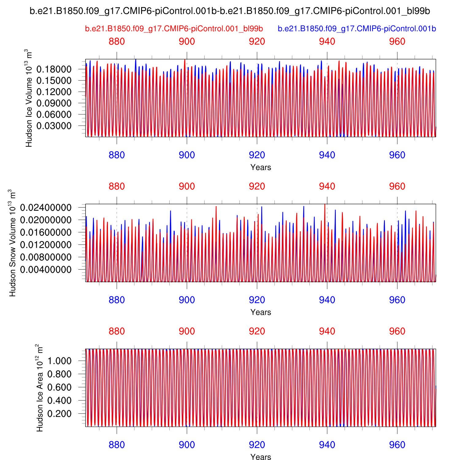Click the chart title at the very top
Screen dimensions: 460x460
coord(230,11)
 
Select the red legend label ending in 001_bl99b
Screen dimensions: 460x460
coord(174,29)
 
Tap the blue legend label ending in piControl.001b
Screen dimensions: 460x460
coord(357,29)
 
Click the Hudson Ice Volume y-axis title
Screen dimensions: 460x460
coord(28,98)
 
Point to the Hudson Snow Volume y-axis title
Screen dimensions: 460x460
coord(12,243)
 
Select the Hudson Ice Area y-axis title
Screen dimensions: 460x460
coord(39,388)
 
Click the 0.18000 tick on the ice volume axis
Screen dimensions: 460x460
coord(54,69)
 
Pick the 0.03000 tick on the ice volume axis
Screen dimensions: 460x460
coord(54,126)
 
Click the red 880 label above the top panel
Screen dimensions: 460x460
coord(117,41)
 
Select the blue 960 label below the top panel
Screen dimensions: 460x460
coord(397,155)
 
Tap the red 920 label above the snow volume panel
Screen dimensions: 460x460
coord(257,186)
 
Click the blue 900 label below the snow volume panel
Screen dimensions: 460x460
coord(187,300)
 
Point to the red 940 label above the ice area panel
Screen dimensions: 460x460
coord(327,331)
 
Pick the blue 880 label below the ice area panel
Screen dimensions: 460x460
coord(117,445)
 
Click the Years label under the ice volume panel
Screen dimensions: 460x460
coord(261,167)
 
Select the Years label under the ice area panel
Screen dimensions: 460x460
coord(261,457)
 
